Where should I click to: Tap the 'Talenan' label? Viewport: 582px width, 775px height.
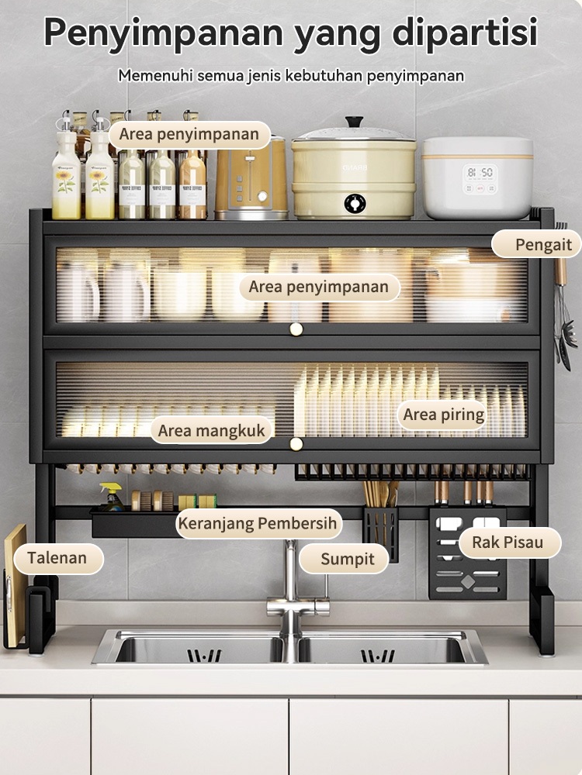click(x=58, y=558)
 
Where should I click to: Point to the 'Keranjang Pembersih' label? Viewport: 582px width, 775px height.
click(x=258, y=523)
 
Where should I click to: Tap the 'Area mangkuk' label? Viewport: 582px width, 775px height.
click(x=212, y=430)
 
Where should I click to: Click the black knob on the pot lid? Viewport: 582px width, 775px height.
click(x=355, y=122)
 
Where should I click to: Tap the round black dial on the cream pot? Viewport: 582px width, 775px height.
click(x=355, y=203)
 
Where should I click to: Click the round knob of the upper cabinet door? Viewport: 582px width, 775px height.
click(x=296, y=329)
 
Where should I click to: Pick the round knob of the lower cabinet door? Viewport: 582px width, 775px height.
click(x=296, y=444)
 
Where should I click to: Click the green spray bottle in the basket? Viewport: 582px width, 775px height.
click(x=111, y=497)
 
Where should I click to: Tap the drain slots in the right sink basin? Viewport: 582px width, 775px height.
click(x=378, y=656)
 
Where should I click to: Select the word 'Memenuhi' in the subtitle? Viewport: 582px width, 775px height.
click(x=155, y=76)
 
